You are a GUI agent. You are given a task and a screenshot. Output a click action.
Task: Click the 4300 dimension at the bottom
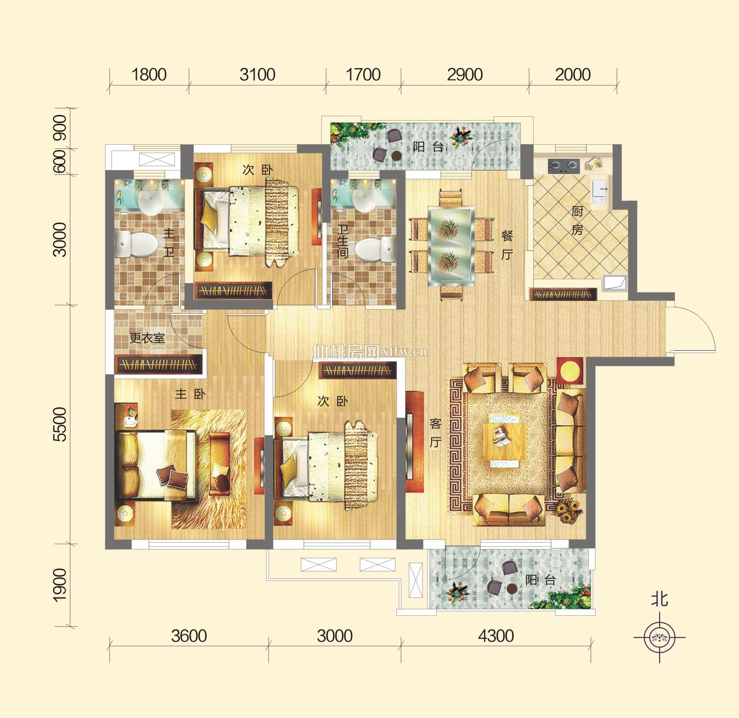click(496, 636)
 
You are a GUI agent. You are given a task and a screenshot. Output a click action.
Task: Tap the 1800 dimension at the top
click(149, 75)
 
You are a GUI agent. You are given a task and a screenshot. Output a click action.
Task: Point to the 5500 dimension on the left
click(60, 424)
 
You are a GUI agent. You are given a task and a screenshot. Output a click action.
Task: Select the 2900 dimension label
click(465, 75)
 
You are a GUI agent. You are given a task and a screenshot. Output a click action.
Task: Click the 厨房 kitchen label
click(577, 220)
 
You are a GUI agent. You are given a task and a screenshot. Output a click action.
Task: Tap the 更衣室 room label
click(147, 338)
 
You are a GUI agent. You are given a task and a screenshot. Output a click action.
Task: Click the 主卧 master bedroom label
click(190, 394)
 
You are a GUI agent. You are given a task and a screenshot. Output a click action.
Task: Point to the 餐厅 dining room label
click(507, 245)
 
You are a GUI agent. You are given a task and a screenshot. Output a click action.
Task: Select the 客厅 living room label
click(435, 433)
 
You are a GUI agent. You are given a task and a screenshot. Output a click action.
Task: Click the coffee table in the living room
click(504, 441)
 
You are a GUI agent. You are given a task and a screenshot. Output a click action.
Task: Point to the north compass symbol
click(660, 637)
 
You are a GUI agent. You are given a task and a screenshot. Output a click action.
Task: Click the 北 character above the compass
click(660, 600)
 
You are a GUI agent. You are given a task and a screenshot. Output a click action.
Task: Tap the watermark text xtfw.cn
click(404, 352)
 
